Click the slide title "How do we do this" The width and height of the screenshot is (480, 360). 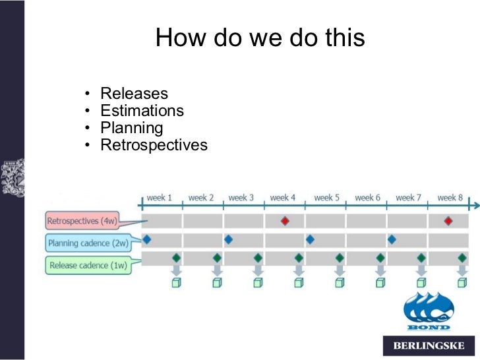click(260, 38)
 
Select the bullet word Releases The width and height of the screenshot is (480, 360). click(134, 94)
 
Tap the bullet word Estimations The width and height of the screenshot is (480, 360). click(142, 111)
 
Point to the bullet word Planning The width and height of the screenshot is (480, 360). click(131, 128)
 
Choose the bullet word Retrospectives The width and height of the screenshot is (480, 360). click(154, 145)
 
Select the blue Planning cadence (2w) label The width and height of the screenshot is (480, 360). click(87, 243)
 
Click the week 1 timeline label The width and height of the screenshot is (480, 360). click(159, 198)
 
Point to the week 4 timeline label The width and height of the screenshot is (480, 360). click(283, 198)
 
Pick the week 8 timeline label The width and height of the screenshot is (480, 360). click(450, 198)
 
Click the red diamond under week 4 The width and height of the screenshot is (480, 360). click(285, 221)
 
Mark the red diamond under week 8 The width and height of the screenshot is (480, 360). click(448, 221)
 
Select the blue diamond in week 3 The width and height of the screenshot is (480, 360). click(228, 239)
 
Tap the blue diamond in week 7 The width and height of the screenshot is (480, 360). click(392, 239)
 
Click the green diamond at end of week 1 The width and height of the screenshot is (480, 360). click(176, 258)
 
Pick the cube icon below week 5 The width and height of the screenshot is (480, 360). click(339, 283)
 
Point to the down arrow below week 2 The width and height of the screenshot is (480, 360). click(217, 270)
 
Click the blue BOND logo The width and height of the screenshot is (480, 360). click(428, 311)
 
